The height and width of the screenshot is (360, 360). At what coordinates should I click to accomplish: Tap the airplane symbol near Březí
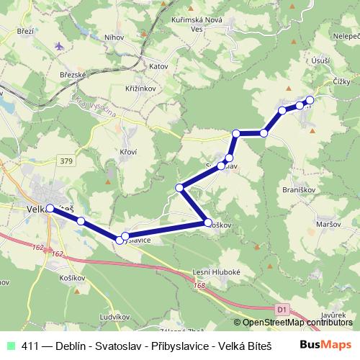[x=59, y=45]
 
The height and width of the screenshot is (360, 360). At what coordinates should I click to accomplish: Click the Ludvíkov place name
[x=114, y=317]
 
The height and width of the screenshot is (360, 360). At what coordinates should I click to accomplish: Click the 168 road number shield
[x=200, y=286]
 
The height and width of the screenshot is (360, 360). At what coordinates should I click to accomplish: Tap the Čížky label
[x=341, y=82]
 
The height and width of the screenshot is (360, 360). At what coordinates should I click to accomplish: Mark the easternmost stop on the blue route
[x=310, y=100]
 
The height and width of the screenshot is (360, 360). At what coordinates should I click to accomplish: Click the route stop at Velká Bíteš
[x=50, y=208]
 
